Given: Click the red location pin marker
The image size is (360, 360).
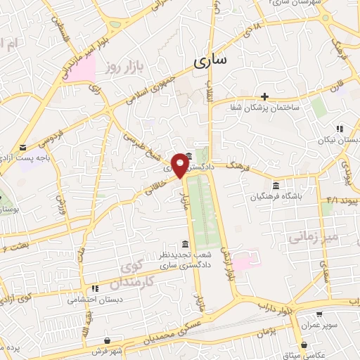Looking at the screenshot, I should click(181, 165).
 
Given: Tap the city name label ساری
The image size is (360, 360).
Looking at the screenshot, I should click(210, 61).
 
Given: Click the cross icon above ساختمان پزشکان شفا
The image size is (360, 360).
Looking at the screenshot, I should click(264, 96).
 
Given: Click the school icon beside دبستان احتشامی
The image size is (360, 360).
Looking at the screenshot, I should click(94, 288).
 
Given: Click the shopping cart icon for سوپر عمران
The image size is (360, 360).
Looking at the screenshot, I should click(320, 314).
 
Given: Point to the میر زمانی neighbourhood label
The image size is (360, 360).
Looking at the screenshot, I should click(312, 238).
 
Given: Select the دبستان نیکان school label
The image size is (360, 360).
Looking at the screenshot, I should click(338, 140).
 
